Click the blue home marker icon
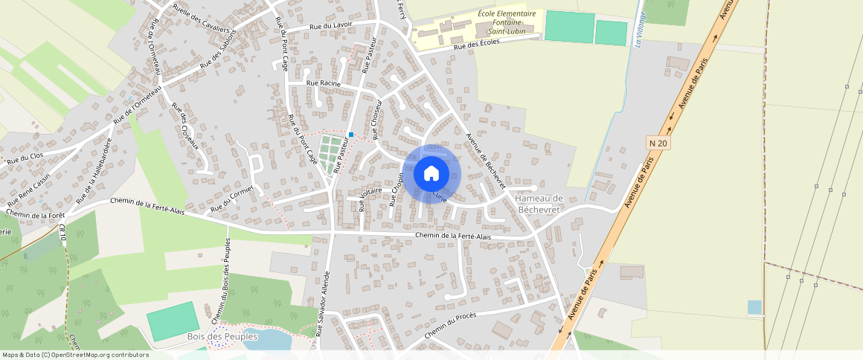[x=431, y=174]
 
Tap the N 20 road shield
[x=656, y=142]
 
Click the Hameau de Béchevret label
[x=538, y=203]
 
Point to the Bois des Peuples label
[x=222, y=337]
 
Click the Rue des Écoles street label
[x=476, y=45]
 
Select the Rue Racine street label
[x=323, y=84]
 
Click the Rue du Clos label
[x=25, y=157]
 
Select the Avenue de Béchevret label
[x=486, y=160]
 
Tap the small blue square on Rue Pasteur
[x=350, y=135]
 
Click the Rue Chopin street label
[x=397, y=188]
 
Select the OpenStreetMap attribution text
[x=75, y=355]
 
